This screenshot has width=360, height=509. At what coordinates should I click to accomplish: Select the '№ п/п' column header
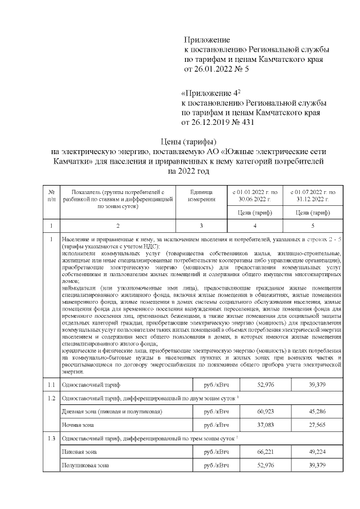point(51,196)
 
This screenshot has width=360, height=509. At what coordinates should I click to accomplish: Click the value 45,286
point(317,412)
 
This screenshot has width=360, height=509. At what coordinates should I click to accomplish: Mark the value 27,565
point(317,425)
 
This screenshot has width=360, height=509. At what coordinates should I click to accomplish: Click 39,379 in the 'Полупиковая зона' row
point(317,465)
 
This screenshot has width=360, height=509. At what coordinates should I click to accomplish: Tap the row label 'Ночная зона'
point(78,425)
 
